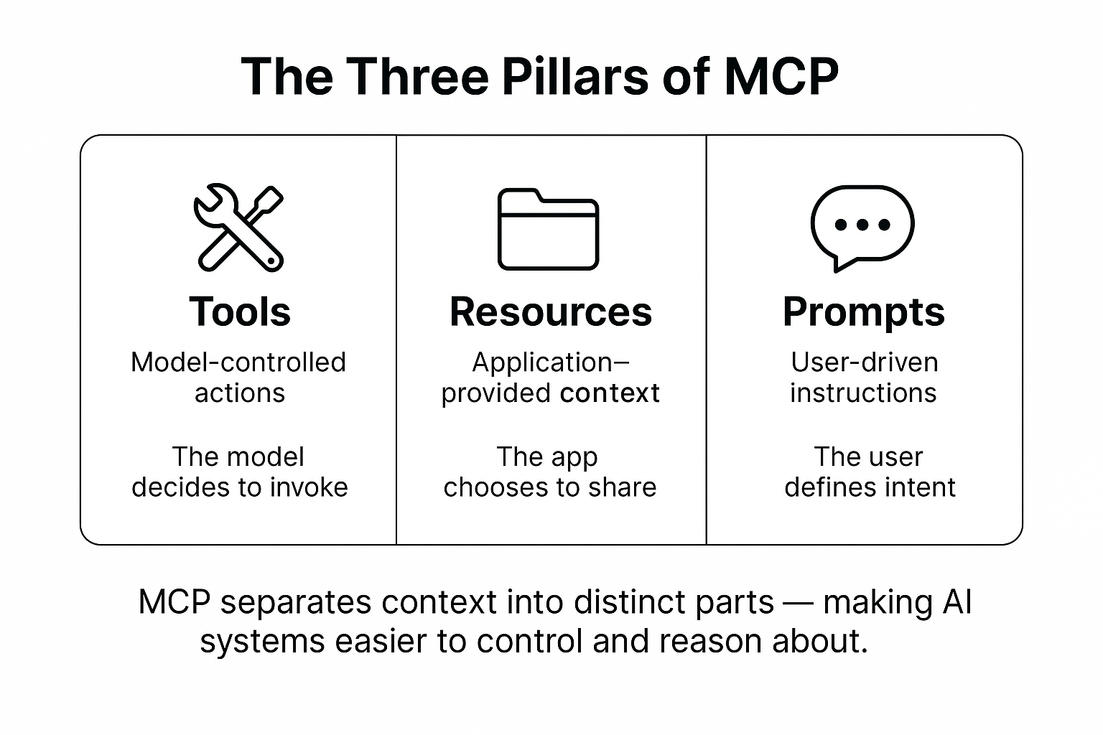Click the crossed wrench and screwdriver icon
click(x=239, y=228)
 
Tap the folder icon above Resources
click(x=548, y=230)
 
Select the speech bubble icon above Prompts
click(x=862, y=227)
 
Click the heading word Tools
click(x=240, y=312)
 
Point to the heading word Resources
click(x=551, y=312)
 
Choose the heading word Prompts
click(x=864, y=312)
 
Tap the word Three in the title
click(x=416, y=76)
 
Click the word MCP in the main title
click(x=781, y=76)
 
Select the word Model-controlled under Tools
click(x=238, y=362)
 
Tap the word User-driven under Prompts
click(x=864, y=362)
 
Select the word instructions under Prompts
click(x=863, y=393)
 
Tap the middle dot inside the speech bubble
click(x=862, y=225)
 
